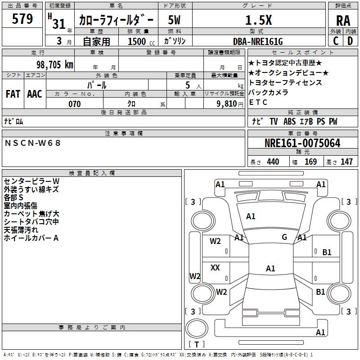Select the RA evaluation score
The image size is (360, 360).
[343, 21]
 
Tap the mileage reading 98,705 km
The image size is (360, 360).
[54, 65]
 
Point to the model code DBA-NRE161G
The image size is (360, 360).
[258, 41]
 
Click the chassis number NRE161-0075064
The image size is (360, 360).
[302, 144]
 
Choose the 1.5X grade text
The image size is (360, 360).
[258, 20]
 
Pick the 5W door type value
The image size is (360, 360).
[175, 20]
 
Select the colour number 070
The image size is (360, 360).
[74, 104]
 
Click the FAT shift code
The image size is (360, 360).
[13, 94]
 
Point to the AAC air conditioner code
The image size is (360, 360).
[35, 94]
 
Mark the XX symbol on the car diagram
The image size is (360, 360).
[216, 268]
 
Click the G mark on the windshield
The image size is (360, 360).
[284, 237]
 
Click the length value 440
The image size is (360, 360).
[273, 162]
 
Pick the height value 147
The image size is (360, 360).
[346, 162]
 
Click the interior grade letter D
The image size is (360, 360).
[350, 41]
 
